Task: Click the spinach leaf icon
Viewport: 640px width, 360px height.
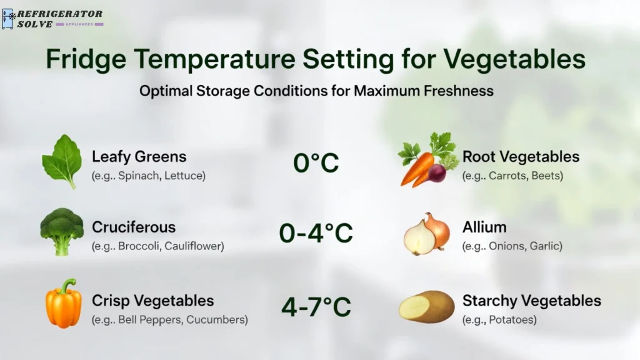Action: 62,161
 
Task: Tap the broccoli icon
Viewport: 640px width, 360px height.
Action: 62,231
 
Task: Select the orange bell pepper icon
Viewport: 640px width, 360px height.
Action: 63,304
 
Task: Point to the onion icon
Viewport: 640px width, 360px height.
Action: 427,234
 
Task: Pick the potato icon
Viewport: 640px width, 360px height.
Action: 426,306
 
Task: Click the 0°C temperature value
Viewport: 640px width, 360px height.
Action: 316,163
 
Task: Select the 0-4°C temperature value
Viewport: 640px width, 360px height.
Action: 316,234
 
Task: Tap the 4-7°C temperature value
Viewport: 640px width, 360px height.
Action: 316,307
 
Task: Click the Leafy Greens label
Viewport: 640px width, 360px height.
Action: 139,156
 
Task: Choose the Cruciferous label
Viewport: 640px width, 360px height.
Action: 134,227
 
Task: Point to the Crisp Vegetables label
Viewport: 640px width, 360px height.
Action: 152,301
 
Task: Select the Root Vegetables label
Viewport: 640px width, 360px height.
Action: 521,156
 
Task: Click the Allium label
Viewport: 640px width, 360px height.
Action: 484,227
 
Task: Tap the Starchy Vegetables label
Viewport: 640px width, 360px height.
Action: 531,301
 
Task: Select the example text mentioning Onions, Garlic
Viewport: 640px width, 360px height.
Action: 512,246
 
